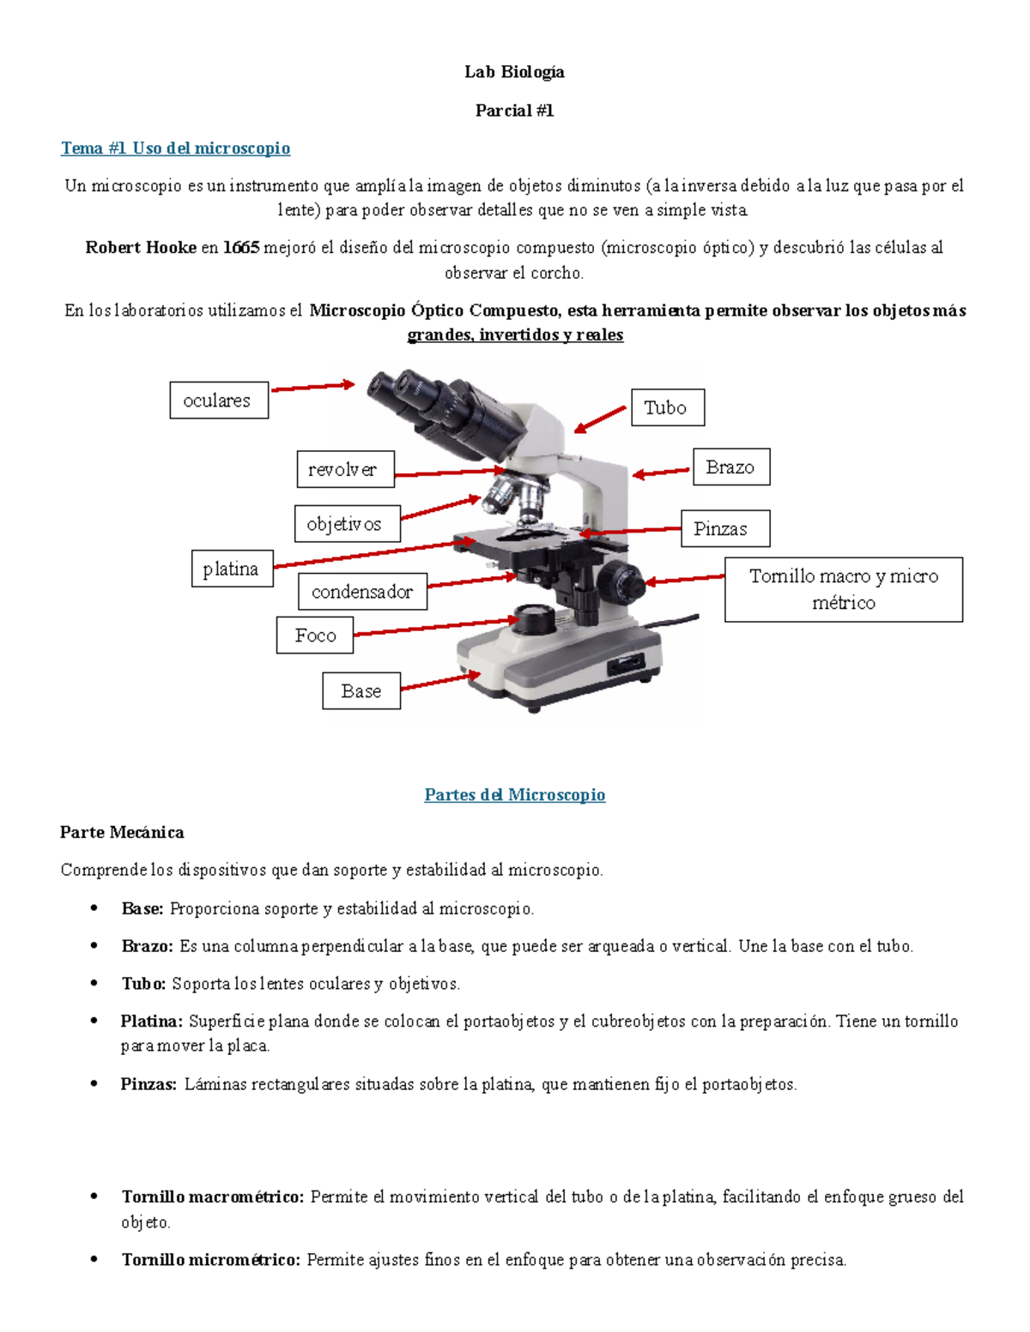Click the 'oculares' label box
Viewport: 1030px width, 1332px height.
click(219, 401)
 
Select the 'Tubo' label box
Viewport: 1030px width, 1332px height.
click(668, 407)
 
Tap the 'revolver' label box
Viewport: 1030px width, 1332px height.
click(345, 469)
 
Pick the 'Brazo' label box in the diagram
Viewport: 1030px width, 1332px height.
click(731, 467)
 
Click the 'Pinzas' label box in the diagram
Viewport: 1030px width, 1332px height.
click(725, 528)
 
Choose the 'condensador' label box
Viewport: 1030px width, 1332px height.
click(362, 591)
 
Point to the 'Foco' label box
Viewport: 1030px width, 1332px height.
click(315, 636)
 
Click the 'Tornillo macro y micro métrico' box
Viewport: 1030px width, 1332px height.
click(843, 589)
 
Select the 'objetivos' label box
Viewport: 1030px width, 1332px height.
click(347, 523)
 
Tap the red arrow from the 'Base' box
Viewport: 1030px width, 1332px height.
click(440, 682)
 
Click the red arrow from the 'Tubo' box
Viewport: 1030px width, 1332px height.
click(600, 419)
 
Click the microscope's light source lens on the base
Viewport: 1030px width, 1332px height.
click(534, 617)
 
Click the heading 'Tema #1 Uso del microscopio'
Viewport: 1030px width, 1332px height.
click(175, 148)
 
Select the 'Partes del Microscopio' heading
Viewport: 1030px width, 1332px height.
click(514, 795)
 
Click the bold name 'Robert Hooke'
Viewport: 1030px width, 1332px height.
click(141, 248)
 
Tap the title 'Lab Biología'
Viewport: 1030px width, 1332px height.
click(514, 72)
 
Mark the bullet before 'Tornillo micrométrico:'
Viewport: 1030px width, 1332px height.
click(94, 1260)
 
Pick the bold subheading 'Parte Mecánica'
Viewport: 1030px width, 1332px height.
click(122, 832)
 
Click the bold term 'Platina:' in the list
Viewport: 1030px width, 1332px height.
click(151, 1022)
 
